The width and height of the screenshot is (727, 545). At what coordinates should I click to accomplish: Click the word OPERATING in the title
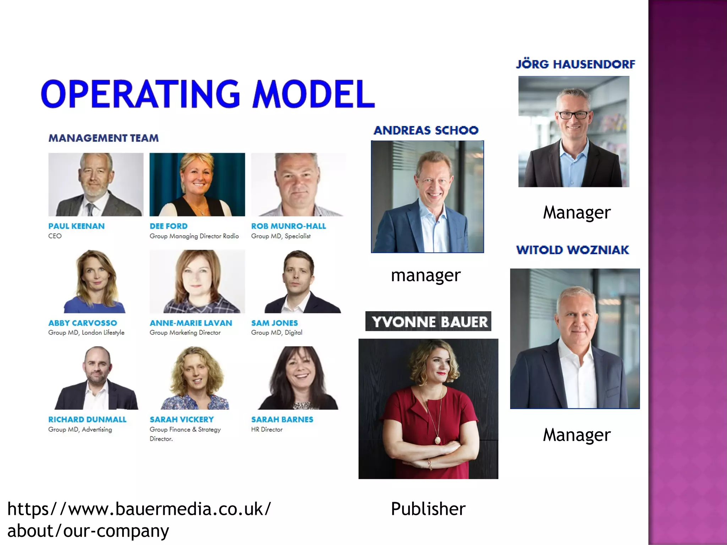[141, 94]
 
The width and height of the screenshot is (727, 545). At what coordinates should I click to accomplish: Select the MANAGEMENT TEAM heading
[103, 138]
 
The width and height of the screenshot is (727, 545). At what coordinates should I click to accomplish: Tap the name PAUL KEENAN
[76, 226]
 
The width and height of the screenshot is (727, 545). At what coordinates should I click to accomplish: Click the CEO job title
[55, 236]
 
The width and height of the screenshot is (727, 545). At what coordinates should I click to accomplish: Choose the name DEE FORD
[169, 226]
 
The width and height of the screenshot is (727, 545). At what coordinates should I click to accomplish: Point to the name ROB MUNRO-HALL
[288, 226]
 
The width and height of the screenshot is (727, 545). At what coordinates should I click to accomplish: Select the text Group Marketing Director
[185, 332]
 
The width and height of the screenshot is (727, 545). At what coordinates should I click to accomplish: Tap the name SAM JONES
[274, 323]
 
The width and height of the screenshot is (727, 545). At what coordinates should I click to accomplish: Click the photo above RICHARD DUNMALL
[96, 378]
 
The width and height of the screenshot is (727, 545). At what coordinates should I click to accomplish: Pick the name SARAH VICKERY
[181, 419]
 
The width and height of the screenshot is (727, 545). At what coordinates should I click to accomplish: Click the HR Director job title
[267, 429]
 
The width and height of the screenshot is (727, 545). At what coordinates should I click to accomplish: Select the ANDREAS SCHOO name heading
[426, 130]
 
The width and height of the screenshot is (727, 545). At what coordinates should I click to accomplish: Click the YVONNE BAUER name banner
[428, 321]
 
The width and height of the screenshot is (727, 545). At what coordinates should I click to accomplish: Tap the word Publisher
[428, 509]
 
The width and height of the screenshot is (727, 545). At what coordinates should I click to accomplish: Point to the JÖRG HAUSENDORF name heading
[575, 64]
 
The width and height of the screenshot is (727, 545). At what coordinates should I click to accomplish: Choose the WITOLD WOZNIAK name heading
[573, 250]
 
